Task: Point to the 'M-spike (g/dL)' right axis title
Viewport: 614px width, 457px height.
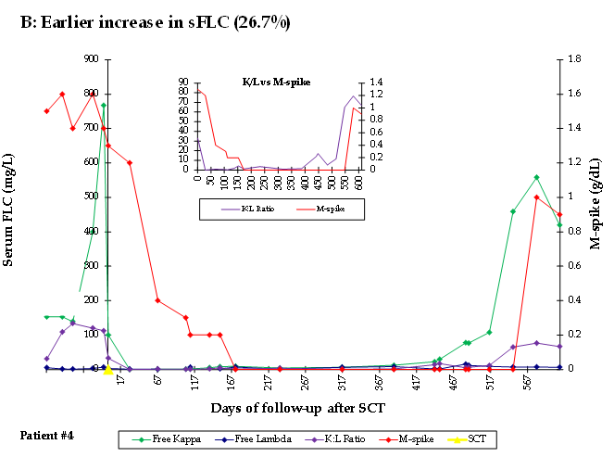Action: click(x=596, y=214)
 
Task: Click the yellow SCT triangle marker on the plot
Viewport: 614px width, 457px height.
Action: click(x=108, y=369)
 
